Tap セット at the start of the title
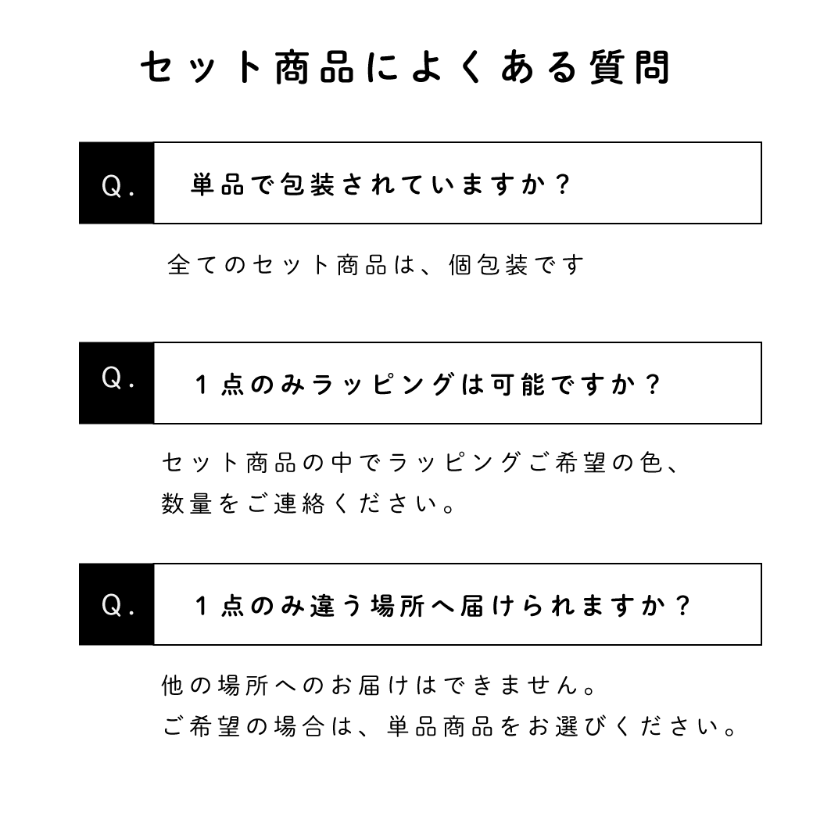tap(201, 67)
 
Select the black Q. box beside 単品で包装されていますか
tap(116, 183)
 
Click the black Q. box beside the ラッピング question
tap(116, 383)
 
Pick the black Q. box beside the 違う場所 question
tap(116, 604)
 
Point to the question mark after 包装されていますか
tap(562, 184)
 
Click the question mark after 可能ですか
tap(653, 385)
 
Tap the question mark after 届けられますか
tap(683, 606)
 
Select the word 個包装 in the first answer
tap(489, 265)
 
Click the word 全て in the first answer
tap(192, 265)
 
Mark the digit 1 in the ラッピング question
tap(202, 385)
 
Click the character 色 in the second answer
tap(651, 462)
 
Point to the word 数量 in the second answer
tap(187, 503)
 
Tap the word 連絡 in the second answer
tap(299, 503)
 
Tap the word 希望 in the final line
tap(214, 726)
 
